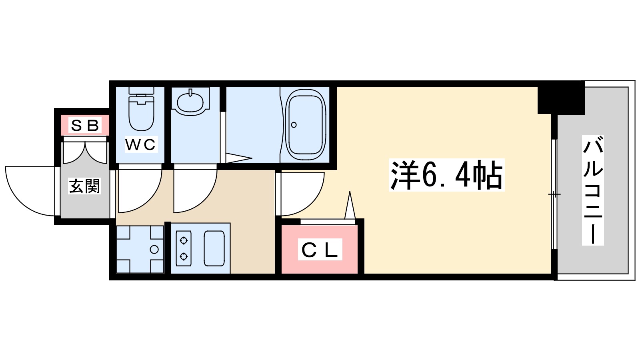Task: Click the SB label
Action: (85, 126)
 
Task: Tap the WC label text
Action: (140, 144)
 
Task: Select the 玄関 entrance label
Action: (84, 186)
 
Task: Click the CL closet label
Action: (320, 250)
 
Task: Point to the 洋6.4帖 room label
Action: (446, 175)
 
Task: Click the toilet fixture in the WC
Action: (141, 110)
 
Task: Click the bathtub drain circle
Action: (294, 125)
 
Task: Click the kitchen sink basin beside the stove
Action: (214, 248)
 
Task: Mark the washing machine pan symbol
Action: (140, 249)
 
